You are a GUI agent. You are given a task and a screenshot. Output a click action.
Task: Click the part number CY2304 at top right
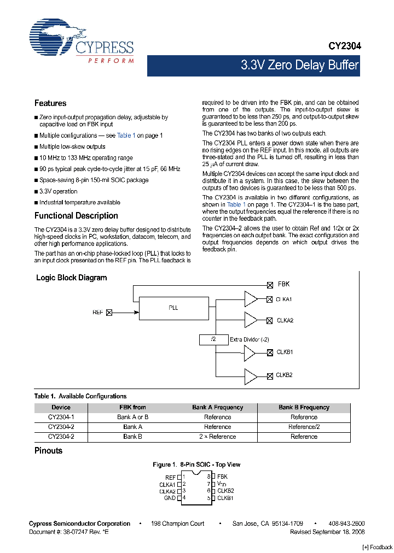344,47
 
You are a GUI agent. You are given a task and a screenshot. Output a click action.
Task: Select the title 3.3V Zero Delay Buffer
299,66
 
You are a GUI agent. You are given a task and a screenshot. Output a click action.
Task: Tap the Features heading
50,103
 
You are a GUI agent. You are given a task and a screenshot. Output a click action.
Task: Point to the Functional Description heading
76,216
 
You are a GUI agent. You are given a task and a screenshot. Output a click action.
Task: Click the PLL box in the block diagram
173,308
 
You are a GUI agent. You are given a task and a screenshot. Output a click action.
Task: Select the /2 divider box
214,339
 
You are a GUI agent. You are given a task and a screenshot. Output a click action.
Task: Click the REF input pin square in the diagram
108,313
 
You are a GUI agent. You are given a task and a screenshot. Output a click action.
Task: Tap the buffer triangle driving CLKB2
250,375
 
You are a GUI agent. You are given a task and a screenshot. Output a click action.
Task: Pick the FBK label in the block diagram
283,284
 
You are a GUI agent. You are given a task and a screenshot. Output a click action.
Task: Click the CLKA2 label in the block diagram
284,320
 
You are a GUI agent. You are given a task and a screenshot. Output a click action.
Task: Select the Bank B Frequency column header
304,407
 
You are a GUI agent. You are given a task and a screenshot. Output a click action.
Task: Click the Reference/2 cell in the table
304,427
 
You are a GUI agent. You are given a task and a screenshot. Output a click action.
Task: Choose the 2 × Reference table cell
218,437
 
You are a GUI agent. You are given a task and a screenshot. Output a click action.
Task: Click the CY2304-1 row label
61,417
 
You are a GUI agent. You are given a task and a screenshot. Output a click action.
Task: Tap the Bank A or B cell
132,417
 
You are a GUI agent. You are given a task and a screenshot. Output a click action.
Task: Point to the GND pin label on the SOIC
169,498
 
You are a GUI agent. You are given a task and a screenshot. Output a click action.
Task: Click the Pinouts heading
48,451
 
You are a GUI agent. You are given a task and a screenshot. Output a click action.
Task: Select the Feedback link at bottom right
378,547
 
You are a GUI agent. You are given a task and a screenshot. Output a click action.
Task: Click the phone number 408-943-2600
346,523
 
